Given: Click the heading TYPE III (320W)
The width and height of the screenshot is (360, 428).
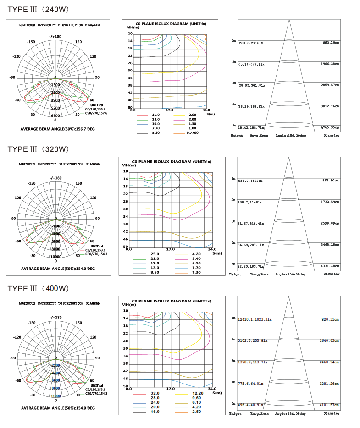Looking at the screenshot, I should click(x=38, y=149).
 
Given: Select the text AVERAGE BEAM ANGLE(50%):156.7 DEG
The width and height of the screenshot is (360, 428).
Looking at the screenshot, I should click(x=58, y=129).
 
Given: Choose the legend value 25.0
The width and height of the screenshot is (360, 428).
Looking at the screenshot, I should click(x=155, y=254).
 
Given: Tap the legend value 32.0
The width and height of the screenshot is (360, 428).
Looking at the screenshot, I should click(x=155, y=393).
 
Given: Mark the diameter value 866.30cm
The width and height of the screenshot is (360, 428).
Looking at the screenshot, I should click(x=330, y=181).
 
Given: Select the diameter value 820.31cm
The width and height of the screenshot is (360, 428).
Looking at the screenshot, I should click(x=330, y=320).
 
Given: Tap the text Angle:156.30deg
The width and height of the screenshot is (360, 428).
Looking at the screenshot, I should click(x=291, y=136).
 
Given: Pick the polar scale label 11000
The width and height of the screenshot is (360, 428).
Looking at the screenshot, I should click(x=55, y=396).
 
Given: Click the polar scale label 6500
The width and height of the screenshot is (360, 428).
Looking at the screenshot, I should click(x=55, y=115).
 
